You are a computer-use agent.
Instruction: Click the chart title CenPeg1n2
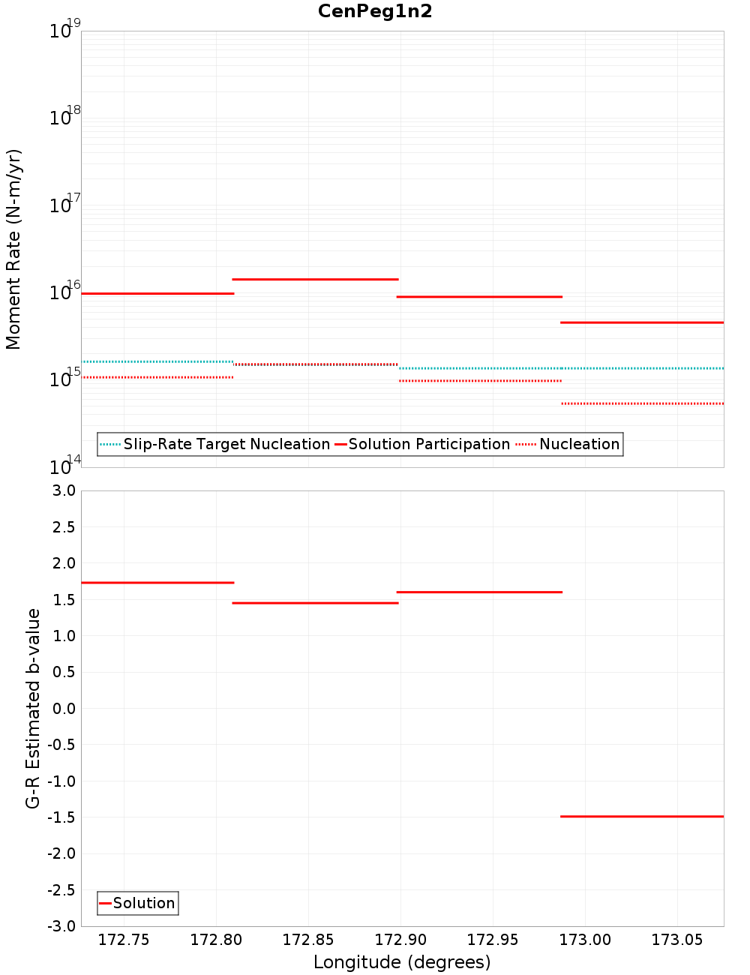pos(375,11)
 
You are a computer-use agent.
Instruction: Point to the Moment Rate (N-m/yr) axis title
pos(13,249)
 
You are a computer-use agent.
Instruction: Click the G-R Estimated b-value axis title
pos(33,708)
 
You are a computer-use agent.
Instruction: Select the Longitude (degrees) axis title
pos(402,962)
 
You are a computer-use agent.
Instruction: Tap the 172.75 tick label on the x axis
pos(124,940)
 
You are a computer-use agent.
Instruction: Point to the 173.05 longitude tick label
pos(677,940)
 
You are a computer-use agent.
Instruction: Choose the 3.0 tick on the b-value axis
pos(63,490)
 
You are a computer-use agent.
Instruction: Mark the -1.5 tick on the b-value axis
pos(61,817)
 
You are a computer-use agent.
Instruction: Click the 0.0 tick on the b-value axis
pos(63,709)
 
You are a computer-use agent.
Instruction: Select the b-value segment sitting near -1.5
pos(642,816)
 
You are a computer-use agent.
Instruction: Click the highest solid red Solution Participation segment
pos(315,279)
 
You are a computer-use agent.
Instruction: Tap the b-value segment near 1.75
pos(157,583)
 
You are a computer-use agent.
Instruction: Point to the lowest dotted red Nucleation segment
pos(642,403)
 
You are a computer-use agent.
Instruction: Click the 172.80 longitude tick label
pos(216,940)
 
